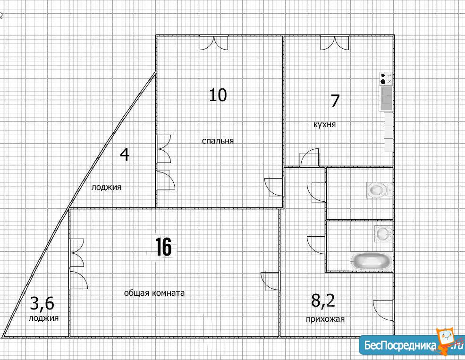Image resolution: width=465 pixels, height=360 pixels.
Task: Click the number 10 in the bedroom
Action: click(x=218, y=95)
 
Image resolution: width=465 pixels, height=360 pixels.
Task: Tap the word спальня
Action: click(x=218, y=141)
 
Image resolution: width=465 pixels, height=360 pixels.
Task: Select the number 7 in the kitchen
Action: click(x=335, y=101)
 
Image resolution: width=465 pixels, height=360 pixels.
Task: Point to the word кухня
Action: click(x=325, y=124)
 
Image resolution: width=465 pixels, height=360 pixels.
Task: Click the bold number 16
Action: click(x=163, y=247)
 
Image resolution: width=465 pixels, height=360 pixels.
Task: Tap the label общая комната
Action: click(x=154, y=293)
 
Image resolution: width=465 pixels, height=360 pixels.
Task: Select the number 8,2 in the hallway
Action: click(x=323, y=300)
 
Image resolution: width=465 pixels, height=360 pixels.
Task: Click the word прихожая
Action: click(x=325, y=319)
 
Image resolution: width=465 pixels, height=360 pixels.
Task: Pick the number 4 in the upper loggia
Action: click(x=125, y=154)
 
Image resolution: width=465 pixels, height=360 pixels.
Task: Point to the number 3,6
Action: click(x=42, y=304)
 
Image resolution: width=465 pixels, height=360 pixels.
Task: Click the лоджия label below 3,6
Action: click(x=43, y=318)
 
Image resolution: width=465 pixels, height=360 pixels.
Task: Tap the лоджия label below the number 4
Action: click(x=106, y=187)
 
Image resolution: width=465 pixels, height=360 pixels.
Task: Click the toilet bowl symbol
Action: click(x=380, y=189)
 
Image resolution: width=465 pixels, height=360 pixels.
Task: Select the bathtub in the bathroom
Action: click(x=371, y=261)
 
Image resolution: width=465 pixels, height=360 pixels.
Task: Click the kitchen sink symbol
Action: click(x=386, y=98)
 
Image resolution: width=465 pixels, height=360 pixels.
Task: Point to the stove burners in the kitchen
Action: click(x=386, y=78)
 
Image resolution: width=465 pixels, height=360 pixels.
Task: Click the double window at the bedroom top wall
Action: click(x=214, y=43)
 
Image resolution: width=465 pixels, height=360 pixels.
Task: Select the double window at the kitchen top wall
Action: click(x=335, y=43)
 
